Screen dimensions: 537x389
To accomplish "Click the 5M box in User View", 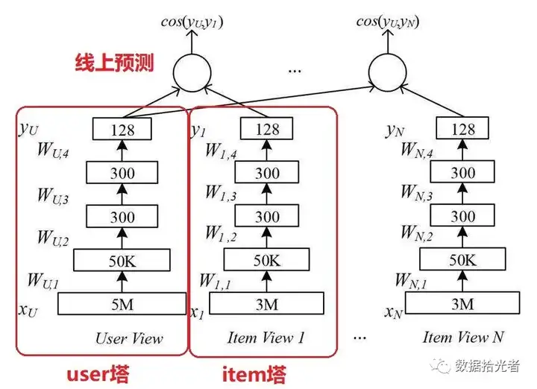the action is click(122, 303).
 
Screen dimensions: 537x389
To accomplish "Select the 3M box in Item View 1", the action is click(266, 303).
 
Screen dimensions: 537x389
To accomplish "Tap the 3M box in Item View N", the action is click(462, 303).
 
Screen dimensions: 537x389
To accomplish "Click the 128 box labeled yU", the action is click(122, 129).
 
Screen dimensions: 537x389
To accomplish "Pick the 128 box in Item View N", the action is click(462, 128).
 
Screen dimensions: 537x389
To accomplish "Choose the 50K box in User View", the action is click(122, 260).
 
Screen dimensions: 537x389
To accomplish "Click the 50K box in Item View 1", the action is click(266, 259).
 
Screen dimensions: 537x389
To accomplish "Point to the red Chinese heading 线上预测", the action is click(114, 63).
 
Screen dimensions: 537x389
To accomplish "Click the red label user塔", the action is click(98, 373).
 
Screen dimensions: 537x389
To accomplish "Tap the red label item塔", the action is click(254, 374).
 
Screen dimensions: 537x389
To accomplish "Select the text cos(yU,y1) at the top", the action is click(192, 22).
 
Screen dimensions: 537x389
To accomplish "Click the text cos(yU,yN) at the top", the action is click(388, 22).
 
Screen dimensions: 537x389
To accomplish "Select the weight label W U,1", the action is click(43, 281).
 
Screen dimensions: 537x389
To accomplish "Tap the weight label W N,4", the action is click(417, 151).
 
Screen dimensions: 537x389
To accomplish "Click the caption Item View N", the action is click(463, 338).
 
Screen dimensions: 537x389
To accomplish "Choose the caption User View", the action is click(129, 338).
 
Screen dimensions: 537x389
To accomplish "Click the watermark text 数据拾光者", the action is click(487, 366).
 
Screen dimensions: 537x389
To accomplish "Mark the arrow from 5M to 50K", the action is click(122, 282).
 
